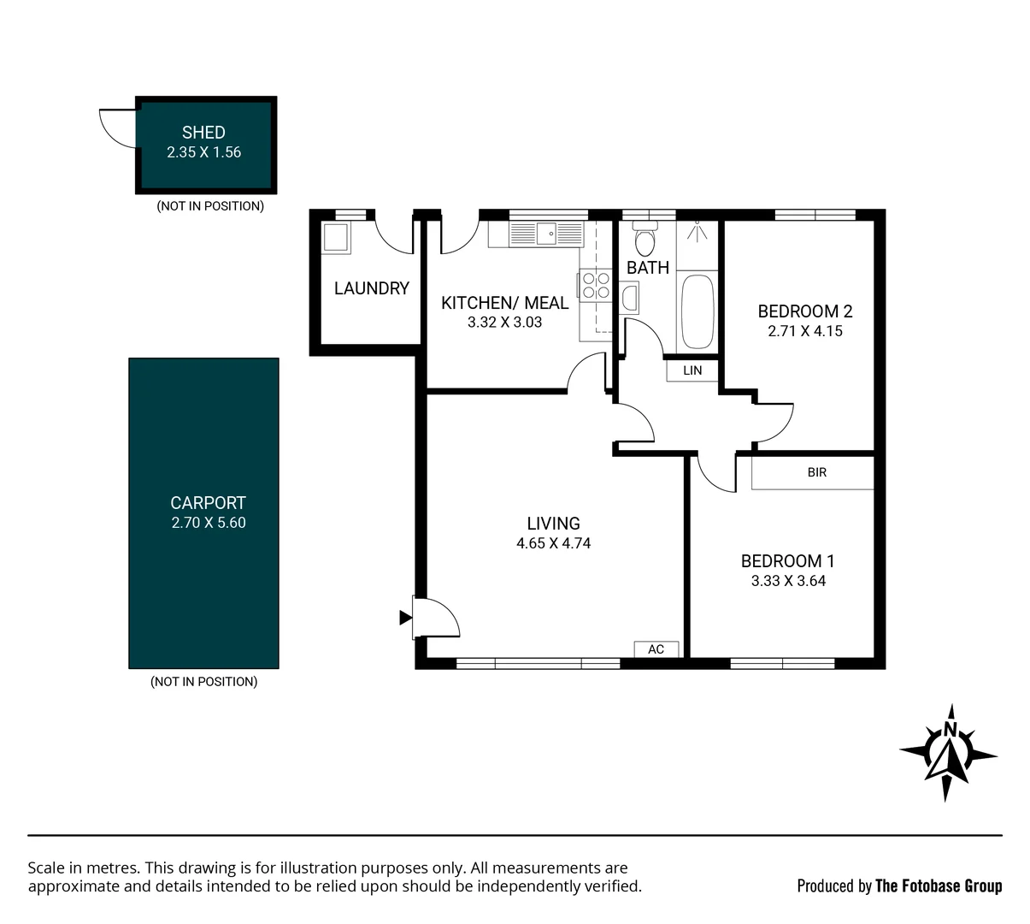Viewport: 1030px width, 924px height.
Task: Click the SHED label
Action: (x=203, y=133)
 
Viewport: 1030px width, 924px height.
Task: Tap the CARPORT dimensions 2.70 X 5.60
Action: (x=208, y=523)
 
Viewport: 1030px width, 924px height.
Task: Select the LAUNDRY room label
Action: (x=371, y=288)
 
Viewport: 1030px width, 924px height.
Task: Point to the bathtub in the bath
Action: (x=697, y=311)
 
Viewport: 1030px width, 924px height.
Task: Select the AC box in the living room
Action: (x=656, y=649)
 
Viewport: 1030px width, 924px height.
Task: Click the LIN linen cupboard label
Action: (x=692, y=370)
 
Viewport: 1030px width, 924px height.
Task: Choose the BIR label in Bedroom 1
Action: (x=816, y=472)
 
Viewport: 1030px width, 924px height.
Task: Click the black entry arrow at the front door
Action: (x=405, y=617)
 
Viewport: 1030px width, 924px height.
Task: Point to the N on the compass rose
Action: (x=949, y=730)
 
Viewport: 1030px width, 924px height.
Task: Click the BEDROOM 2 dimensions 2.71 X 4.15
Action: (x=804, y=331)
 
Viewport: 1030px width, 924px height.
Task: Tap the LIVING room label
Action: (x=553, y=523)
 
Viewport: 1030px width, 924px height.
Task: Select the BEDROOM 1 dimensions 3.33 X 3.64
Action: (x=787, y=581)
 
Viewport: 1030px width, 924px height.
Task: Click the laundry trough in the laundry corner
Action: (x=336, y=238)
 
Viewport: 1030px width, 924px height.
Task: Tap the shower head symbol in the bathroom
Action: (x=697, y=229)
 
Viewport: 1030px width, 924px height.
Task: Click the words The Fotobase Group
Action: (x=938, y=886)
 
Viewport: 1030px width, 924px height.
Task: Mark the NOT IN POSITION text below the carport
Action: (x=203, y=682)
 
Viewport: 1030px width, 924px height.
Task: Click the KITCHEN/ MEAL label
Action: (x=504, y=303)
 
